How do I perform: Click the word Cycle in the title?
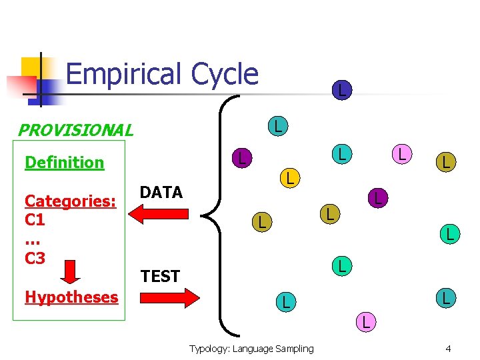[224, 74]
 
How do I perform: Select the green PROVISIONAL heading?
[75, 130]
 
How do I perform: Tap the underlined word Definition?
[64, 163]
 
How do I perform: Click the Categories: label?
[71, 201]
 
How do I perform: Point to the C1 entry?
[35, 219]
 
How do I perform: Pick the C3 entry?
[35, 257]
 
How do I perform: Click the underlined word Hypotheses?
[71, 297]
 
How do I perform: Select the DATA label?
[161, 193]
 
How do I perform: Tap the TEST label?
[160, 276]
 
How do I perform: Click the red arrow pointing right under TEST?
[171, 297]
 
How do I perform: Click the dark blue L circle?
[341, 89]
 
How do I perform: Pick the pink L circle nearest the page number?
[365, 322]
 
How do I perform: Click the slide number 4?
[448, 349]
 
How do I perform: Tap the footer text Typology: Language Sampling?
[251, 349]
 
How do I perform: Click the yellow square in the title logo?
[33, 69]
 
